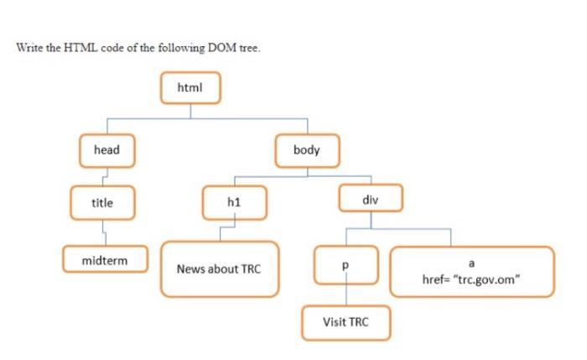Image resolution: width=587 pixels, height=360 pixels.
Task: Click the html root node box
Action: coord(190,86)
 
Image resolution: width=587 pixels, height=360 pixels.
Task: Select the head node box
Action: coord(106,150)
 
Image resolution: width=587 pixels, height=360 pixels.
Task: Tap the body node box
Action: coord(307,150)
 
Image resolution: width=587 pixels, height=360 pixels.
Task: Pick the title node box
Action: coord(102,202)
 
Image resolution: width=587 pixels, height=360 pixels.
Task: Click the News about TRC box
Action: coord(219,269)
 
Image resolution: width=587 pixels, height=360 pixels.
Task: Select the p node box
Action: coord(345,264)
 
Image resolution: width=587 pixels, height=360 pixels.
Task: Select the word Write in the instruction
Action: coord(30,47)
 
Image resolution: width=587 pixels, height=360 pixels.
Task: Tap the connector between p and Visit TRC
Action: coord(345,295)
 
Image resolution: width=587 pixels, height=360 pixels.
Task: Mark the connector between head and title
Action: coord(102,175)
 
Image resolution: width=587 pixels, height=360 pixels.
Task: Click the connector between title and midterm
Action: coord(103,229)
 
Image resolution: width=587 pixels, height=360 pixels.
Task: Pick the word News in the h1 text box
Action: coord(190,269)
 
